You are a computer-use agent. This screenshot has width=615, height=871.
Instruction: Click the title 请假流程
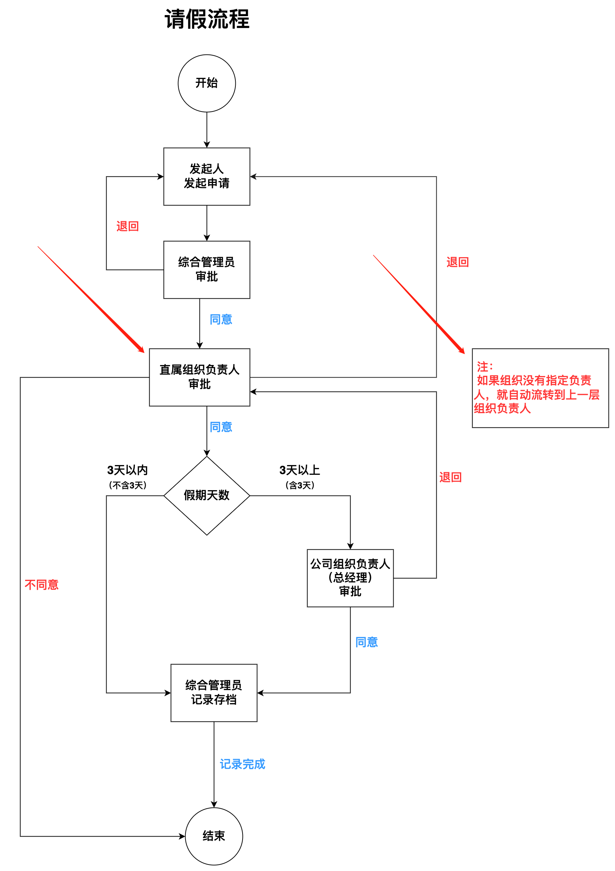207,19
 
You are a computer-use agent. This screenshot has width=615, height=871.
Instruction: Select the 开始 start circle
207,83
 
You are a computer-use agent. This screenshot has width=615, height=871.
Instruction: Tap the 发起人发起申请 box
207,176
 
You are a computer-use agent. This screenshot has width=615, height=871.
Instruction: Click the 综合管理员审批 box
207,269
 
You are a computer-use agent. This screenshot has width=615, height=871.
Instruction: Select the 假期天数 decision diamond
207,496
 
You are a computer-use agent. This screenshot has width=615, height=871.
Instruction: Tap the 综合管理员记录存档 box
214,693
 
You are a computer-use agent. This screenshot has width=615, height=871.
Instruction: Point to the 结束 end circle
214,836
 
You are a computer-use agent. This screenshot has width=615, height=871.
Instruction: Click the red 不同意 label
41,584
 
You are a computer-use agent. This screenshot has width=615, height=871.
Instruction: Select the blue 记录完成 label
242,764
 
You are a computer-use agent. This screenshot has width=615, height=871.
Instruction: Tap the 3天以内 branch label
127,470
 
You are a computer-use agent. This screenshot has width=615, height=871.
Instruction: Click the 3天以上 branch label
300,470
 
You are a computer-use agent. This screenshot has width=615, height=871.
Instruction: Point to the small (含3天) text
300,485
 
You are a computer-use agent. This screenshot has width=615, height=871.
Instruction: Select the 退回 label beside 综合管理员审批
127,226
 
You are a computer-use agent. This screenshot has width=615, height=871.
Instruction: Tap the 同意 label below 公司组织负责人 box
366,642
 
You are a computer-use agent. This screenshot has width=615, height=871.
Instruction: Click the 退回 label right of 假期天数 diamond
450,477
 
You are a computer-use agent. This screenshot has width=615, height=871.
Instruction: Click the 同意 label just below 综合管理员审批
221,319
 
